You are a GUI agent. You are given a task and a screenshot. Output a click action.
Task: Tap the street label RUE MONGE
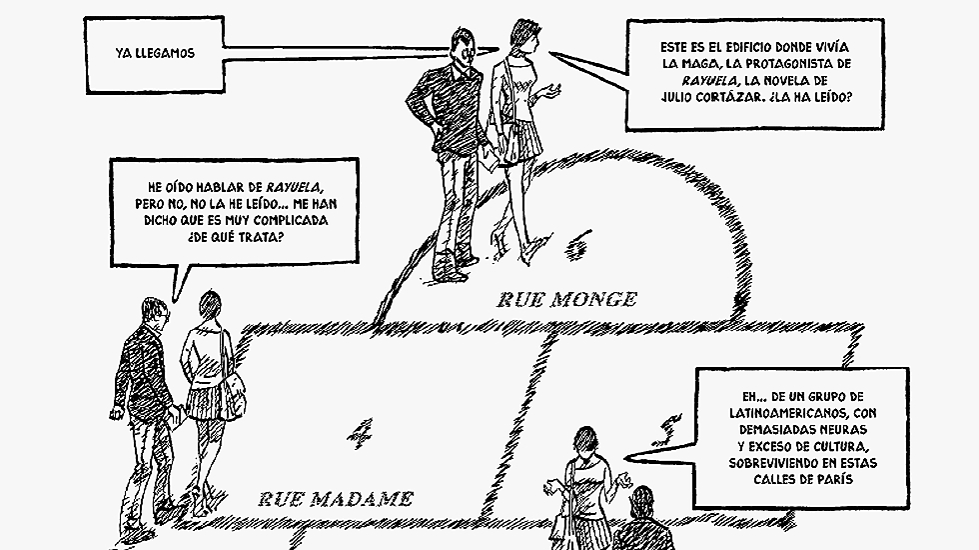pyautogui.click(x=566, y=298)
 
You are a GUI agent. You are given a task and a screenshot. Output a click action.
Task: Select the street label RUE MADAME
pyautogui.click(x=335, y=498)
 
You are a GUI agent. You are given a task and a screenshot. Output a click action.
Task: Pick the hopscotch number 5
pyautogui.click(x=660, y=434)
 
